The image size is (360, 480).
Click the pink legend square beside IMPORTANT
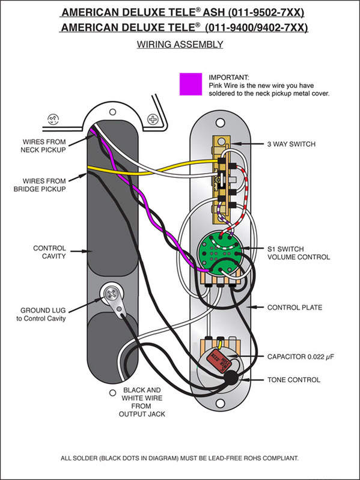point(191,84)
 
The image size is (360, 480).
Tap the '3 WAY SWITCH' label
point(291,144)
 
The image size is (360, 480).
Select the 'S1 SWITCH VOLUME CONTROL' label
point(299,253)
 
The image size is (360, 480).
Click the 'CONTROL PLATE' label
point(294,307)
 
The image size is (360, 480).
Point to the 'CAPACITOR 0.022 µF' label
point(300,357)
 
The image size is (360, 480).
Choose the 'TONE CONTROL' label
point(293,380)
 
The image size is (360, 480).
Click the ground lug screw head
point(110,294)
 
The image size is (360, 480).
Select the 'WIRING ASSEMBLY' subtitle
point(180,44)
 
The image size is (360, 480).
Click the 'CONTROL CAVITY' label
point(49,252)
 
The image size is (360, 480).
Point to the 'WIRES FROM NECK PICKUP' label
point(43,146)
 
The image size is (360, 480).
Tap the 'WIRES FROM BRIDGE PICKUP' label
point(40,185)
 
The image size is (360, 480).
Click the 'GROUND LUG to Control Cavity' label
point(41,314)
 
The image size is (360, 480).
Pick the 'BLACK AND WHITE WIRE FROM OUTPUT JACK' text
point(142,402)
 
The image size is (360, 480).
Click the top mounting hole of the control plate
point(220,123)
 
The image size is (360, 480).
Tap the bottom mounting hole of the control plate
point(220,403)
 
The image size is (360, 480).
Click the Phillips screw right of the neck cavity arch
point(153,119)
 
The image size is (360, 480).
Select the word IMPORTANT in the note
point(229,77)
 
